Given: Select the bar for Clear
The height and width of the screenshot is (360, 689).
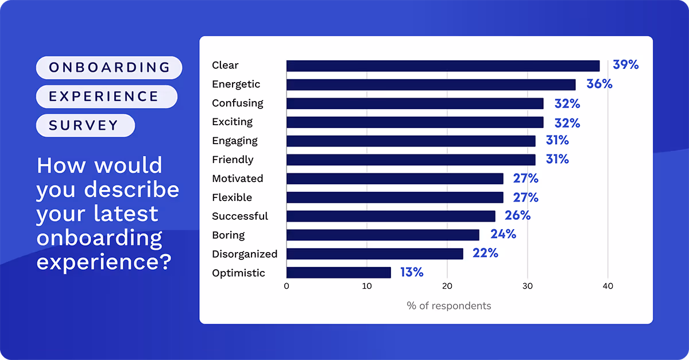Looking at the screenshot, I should pos(443,65).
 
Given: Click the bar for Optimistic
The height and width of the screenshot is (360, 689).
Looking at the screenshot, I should pos(339,273).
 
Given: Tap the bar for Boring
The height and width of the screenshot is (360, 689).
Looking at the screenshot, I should pos(382,235).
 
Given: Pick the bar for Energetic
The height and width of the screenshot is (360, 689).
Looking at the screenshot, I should pos(431,84).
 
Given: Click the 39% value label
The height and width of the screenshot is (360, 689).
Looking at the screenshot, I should pos(625,65).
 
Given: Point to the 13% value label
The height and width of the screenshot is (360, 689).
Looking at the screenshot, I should pos(412,273).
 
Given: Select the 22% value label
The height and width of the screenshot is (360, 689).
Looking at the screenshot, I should pos(485,253).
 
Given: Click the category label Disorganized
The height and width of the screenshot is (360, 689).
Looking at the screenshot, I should pos(245,254).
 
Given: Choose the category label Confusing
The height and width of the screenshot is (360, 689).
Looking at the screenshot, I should pos(238,103).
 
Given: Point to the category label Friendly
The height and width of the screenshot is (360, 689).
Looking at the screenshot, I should pos(233,160).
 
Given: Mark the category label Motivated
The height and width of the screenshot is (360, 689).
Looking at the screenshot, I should pos(238,179).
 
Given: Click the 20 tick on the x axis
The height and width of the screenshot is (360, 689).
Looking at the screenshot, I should pos(447,286).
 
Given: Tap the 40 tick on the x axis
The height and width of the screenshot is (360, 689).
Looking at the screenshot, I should pos(607,286).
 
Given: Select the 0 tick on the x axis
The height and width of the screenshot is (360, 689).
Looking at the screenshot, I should pos(287,286).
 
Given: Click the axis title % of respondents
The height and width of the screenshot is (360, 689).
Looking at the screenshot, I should pos(448,306).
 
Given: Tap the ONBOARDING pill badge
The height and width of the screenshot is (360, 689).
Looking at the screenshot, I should pos(109,68).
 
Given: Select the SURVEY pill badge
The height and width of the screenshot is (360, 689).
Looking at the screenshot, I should pos(85,125).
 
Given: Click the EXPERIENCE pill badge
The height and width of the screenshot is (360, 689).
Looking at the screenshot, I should pos(107,96).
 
